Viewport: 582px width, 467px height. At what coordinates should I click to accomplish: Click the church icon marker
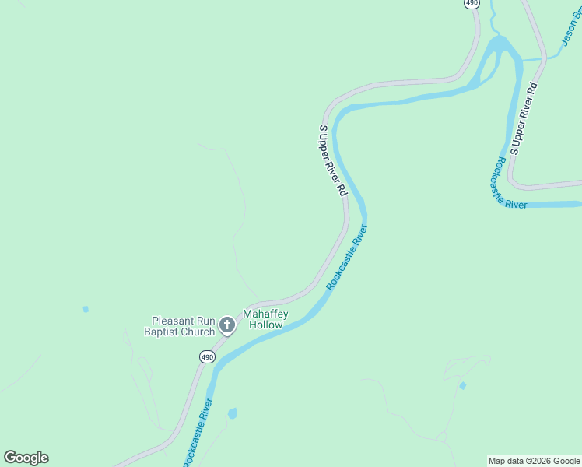(226, 325)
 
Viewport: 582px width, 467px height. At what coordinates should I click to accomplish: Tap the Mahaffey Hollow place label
(266, 320)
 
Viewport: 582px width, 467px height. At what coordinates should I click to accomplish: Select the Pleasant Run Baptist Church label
(182, 326)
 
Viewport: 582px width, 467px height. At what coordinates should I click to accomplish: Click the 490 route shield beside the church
(206, 357)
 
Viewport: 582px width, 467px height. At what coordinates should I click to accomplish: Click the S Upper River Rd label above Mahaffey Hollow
(333, 160)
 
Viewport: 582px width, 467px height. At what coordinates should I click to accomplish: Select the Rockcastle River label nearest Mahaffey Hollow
(347, 258)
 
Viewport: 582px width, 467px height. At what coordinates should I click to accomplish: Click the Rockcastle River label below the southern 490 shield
(197, 432)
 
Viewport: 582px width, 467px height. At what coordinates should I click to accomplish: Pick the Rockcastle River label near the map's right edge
(507, 184)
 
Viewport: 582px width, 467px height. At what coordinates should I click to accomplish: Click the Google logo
(26, 458)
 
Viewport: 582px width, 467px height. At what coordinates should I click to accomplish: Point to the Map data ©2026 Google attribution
(535, 461)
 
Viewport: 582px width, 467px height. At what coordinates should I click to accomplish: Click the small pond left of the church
(86, 309)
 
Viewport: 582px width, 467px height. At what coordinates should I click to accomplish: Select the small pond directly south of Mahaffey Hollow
(232, 413)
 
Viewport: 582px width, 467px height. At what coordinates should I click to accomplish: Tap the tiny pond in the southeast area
(463, 385)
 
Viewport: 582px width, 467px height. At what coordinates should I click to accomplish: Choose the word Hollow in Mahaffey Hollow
(266, 325)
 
